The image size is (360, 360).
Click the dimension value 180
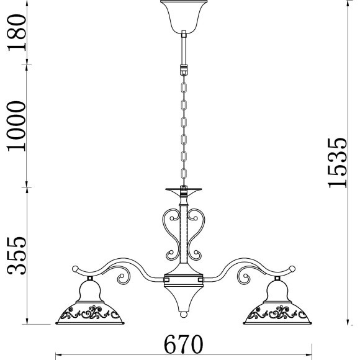tap(17, 32)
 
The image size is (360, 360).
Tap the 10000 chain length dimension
tap(16, 126)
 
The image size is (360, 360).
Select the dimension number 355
tap(17, 256)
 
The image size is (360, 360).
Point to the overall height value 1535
tap(336, 163)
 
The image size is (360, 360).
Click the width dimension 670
tap(183, 344)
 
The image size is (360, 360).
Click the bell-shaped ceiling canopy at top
tap(184, 17)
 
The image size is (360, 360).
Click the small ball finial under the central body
tap(184, 314)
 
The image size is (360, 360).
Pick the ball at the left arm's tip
tap(75, 269)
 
